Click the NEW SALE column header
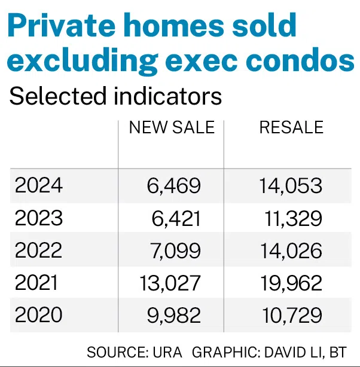(171, 127)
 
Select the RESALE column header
(291, 127)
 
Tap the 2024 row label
(39, 185)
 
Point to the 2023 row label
(39, 218)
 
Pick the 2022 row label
(39, 250)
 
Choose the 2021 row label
(38, 282)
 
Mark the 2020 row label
(39, 314)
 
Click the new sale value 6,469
(174, 185)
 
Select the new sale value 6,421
(176, 218)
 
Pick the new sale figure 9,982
(174, 314)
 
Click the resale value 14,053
(291, 185)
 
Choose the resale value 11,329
(293, 218)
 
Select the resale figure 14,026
(291, 250)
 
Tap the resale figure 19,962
(291, 282)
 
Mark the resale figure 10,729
(291, 314)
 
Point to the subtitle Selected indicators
(115, 96)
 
